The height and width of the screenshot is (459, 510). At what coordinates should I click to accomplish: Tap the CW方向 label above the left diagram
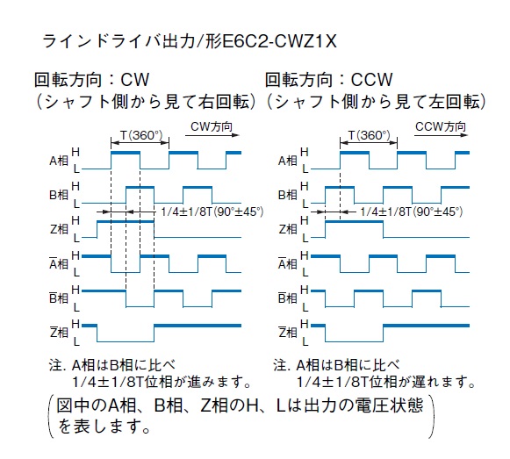pos(212,126)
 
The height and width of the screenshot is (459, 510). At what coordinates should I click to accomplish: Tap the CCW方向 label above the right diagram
pos(441,126)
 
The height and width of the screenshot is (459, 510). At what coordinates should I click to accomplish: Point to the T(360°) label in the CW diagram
pos(141,135)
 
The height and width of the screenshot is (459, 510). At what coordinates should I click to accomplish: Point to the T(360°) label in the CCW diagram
pos(370,135)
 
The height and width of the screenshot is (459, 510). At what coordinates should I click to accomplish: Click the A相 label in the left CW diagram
pos(59,161)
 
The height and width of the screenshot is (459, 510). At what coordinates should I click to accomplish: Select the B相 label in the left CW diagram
pos(59,195)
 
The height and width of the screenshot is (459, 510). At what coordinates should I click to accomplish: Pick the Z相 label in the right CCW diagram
pos(288,230)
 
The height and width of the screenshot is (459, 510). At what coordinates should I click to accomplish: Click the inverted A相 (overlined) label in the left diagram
pos(59,263)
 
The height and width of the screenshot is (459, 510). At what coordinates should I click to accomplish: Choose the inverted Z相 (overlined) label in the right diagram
pos(288,332)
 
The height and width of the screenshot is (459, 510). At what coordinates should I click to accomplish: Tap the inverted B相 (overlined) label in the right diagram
pos(288,298)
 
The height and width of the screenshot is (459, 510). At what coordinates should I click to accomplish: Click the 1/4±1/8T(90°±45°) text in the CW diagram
pos(212,212)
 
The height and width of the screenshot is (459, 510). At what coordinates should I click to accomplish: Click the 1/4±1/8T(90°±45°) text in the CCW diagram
pos(411,212)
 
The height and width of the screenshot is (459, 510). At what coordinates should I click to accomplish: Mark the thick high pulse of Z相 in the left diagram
pos(126,222)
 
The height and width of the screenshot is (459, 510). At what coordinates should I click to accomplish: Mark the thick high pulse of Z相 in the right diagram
pos(355,222)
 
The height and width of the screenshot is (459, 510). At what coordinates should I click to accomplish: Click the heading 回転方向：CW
pos(92,80)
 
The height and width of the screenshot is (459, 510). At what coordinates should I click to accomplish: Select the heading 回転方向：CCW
pos(329,80)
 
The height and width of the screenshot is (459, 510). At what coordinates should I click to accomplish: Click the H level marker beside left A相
pos(75,152)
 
